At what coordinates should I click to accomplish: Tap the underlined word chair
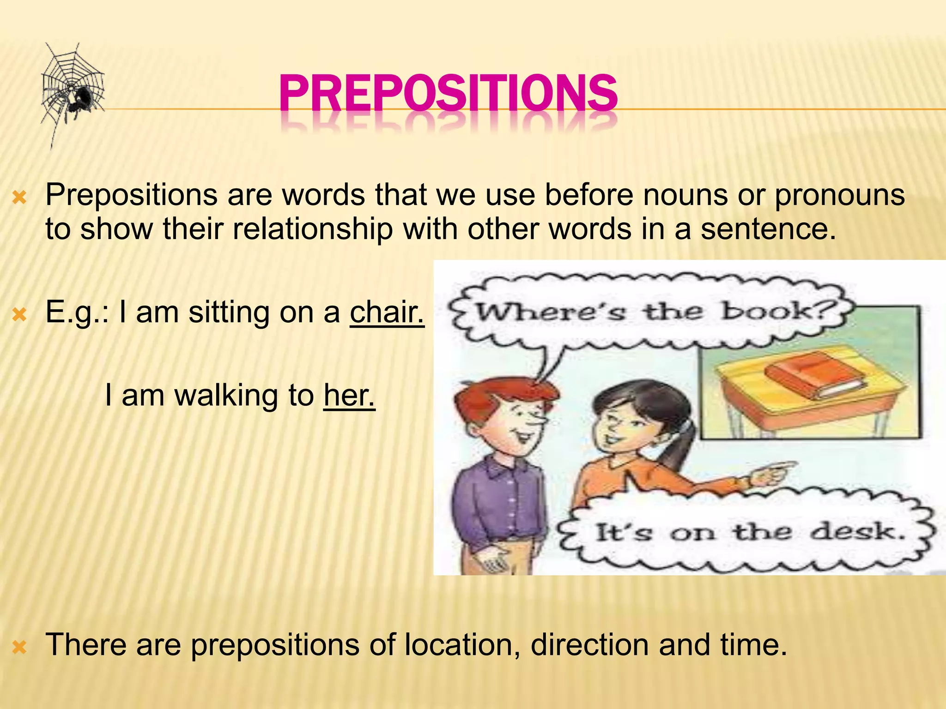click(387, 312)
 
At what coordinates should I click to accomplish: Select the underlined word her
click(349, 396)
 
